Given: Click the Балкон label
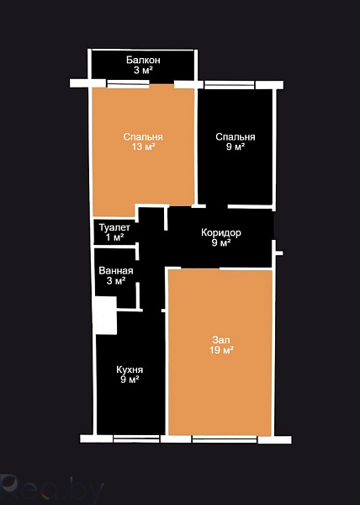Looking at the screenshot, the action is coord(143,60).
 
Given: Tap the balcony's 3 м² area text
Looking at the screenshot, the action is coord(143,70).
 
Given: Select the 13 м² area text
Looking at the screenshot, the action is coord(143,146).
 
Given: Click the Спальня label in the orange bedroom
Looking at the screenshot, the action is coord(143,137).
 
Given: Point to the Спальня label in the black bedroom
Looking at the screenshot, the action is coord(236,137).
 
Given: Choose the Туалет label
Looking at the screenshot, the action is coord(115,227).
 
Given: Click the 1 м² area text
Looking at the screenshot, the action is coord(115,237).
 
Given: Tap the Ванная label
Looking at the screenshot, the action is coord(116,270).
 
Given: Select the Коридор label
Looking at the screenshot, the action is coord(221,232).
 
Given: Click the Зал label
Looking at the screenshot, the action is coord(221,340).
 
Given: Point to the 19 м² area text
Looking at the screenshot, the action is coord(221,350).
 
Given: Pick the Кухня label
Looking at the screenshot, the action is coord(130,369).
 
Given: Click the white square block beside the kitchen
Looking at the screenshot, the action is coord(105,316).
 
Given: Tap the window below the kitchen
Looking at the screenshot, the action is coord(136,439).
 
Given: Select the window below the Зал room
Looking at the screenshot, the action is coord(225,439).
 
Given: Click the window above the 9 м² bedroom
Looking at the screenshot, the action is coord(230,85).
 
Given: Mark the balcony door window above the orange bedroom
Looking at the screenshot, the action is coord(128,83).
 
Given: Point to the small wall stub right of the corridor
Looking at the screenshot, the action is coord(279,253).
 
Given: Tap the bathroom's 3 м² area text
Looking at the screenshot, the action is coord(116,281).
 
